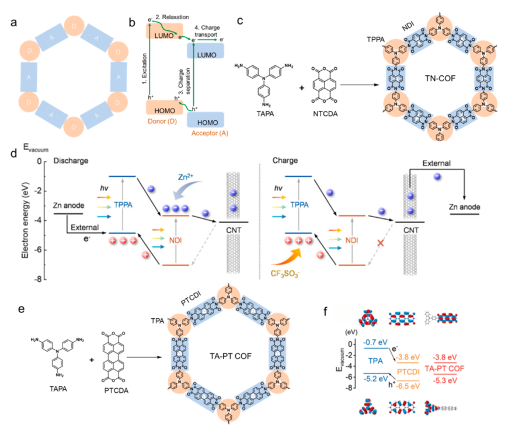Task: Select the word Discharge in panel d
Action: point(68,159)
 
